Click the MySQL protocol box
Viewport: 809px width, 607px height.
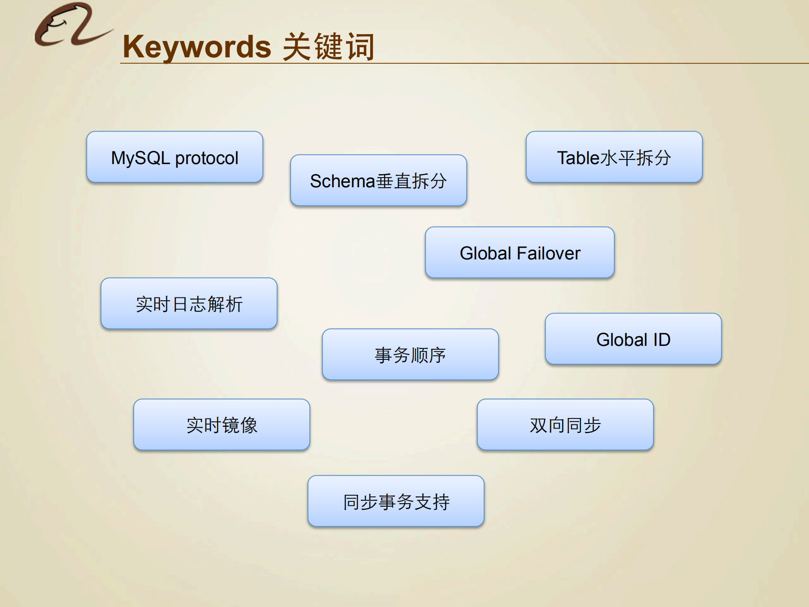(175, 157)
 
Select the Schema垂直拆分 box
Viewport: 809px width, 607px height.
(378, 181)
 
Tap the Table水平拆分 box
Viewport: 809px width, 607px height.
(614, 157)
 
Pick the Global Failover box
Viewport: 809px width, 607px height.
(519, 253)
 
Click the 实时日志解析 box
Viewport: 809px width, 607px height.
(189, 304)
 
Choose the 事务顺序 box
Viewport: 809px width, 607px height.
(410, 355)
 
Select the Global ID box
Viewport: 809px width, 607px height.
(633, 339)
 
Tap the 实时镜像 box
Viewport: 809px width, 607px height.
(222, 425)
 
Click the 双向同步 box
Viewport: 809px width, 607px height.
(565, 425)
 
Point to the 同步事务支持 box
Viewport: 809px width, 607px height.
(396, 502)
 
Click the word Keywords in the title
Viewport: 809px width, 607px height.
(197, 47)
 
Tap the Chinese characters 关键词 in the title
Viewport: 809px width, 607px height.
(328, 47)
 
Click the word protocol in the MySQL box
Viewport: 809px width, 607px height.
(207, 159)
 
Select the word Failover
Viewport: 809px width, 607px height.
(548, 254)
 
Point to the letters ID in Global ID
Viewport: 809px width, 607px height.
(661, 340)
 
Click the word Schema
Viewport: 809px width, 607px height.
(342, 181)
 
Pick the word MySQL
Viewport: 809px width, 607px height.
(140, 159)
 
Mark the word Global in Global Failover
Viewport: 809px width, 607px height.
(485, 254)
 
